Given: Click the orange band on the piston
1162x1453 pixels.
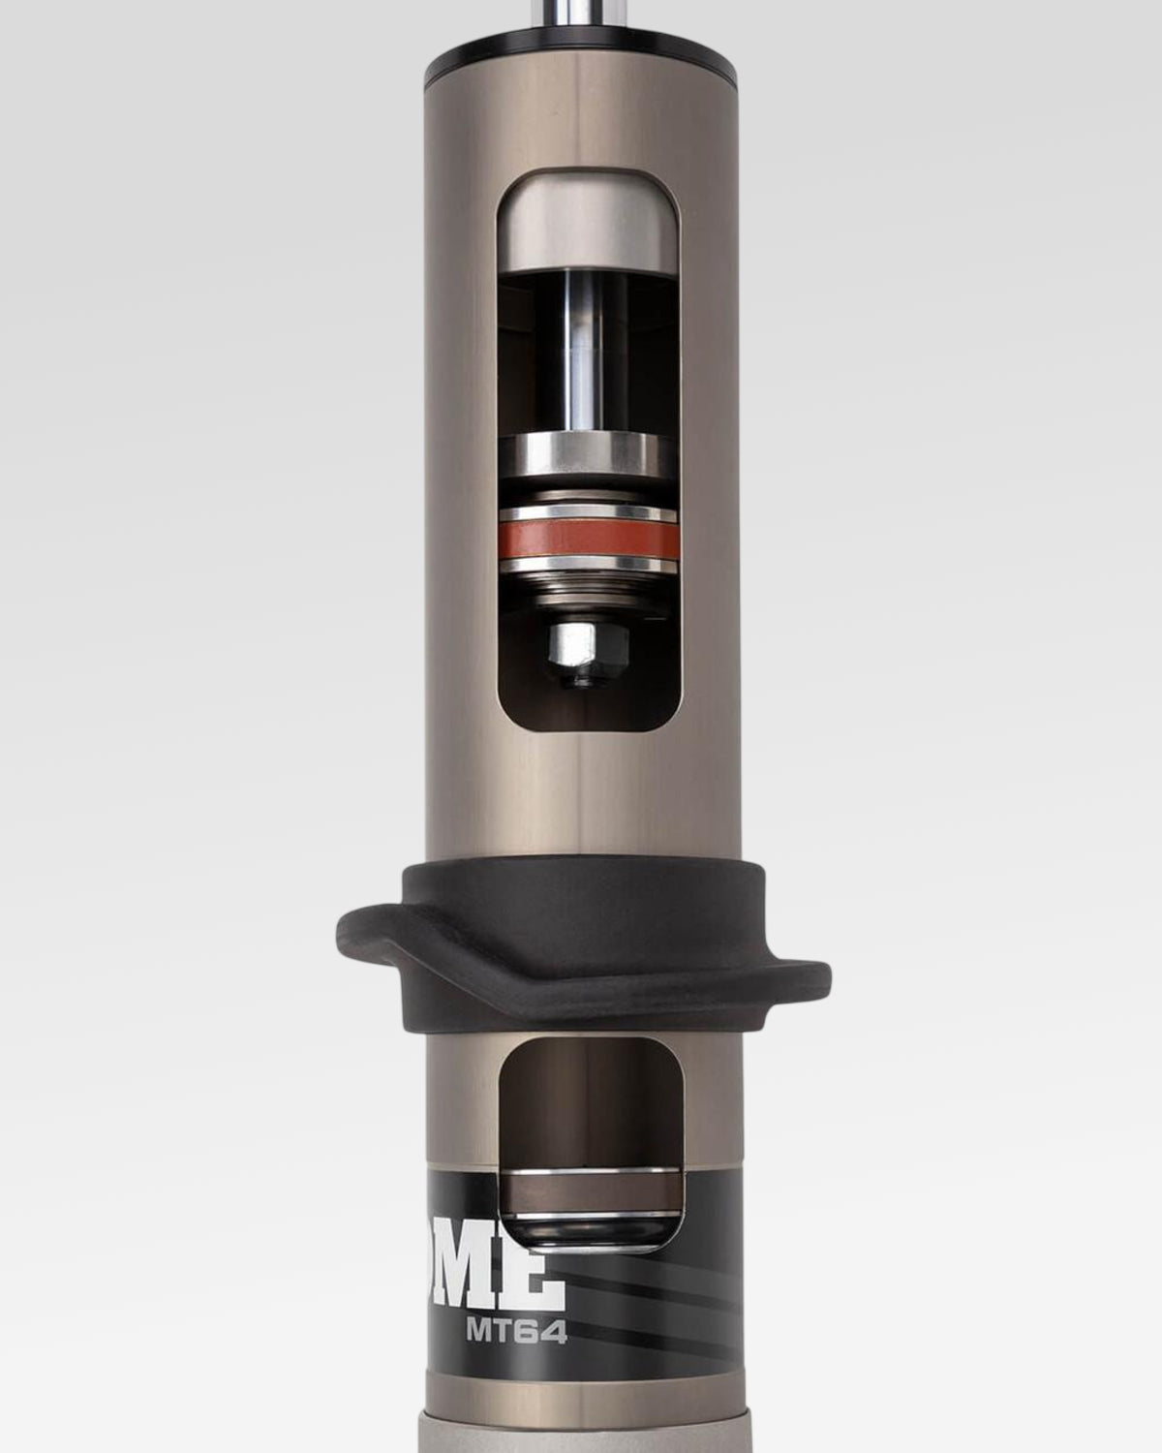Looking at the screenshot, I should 588,541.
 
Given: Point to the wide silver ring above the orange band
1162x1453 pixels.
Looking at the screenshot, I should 587,455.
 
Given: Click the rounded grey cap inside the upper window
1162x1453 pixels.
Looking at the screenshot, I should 588,223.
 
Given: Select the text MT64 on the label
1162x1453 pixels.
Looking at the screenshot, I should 515,1332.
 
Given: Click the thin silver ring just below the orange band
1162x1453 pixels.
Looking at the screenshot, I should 588,565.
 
